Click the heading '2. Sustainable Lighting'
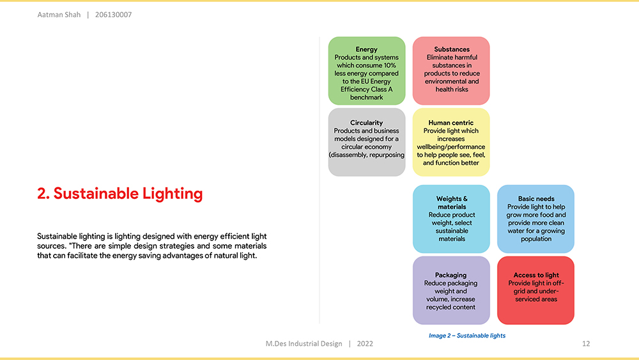120,194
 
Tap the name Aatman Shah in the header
59,15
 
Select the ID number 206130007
113,15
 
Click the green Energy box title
366,49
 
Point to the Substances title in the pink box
452,49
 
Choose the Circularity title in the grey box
366,123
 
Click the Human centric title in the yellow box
450,123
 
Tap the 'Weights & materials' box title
452,203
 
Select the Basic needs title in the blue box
536,199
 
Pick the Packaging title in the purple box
450,275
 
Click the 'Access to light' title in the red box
536,275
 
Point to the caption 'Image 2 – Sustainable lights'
467,336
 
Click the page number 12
586,343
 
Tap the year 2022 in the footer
365,343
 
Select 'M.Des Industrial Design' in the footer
304,343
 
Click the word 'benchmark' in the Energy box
366,97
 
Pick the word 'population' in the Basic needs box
536,239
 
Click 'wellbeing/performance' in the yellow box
450,147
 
